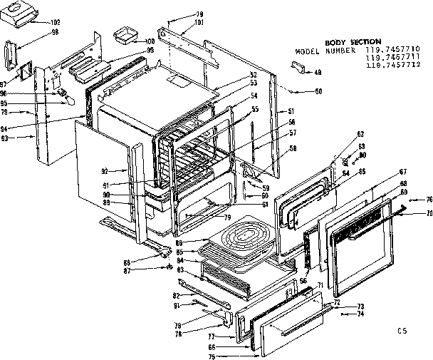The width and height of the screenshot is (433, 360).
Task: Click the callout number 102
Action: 55,22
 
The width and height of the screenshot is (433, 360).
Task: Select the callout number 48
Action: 318,72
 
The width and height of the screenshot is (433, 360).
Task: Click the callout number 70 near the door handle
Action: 429,213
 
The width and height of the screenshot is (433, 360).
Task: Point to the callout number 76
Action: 429,199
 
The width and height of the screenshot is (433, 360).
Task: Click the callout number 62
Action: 361,134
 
